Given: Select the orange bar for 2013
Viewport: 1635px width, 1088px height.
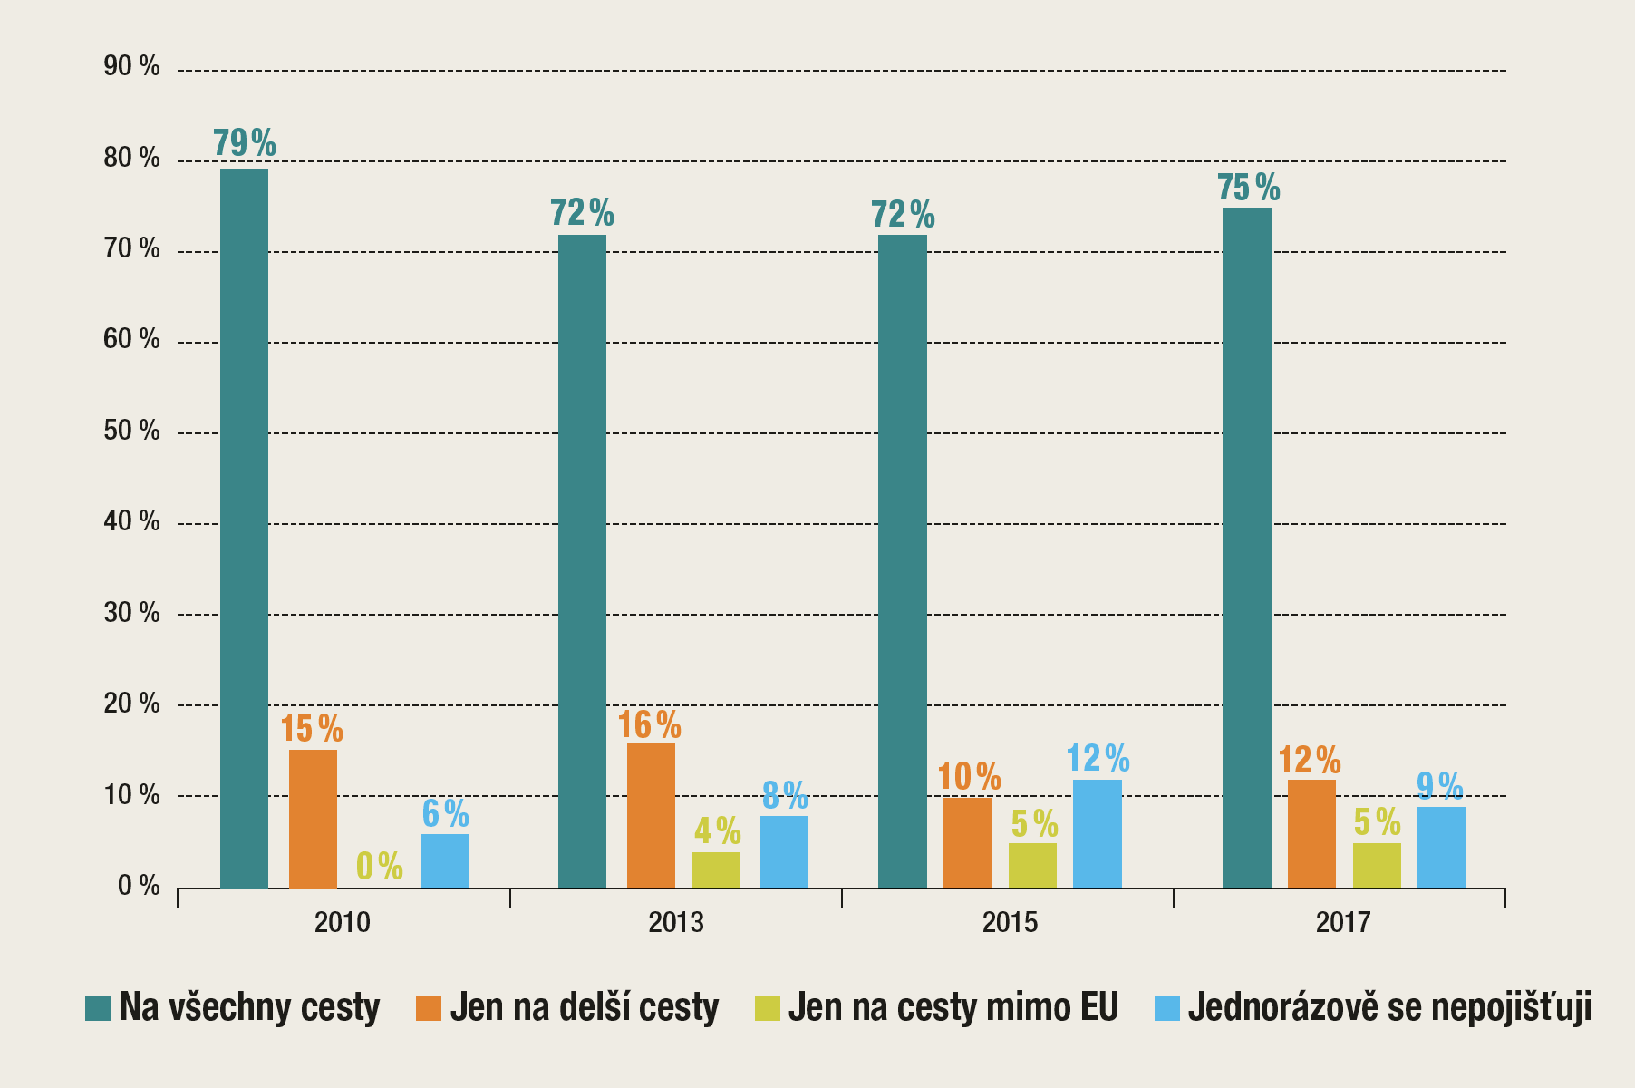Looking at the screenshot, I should pyautogui.click(x=651, y=815).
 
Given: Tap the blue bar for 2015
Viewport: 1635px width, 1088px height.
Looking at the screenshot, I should pyautogui.click(x=1097, y=834).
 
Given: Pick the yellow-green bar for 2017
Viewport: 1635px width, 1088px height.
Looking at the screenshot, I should pyautogui.click(x=1377, y=865).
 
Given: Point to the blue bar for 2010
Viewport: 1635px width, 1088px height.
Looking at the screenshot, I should pyautogui.click(x=445, y=861).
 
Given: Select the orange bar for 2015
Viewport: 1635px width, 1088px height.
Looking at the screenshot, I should pyautogui.click(x=967, y=842).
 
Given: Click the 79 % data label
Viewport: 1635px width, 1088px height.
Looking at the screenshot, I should pyautogui.click(x=244, y=144).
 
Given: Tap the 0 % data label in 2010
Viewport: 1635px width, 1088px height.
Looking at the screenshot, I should pyautogui.click(x=379, y=866).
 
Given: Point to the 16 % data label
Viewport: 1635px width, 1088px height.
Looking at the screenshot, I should pyautogui.click(x=650, y=724).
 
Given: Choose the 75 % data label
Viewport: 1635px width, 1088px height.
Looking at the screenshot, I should pyautogui.click(x=1248, y=188).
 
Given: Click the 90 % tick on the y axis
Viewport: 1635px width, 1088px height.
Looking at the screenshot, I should pyautogui.click(x=132, y=66).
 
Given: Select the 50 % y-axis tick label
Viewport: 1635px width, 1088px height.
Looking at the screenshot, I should pyautogui.click(x=132, y=431).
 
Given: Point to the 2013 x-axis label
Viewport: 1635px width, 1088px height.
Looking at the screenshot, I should pyautogui.click(x=676, y=922).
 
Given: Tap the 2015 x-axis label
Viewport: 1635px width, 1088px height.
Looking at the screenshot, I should pyautogui.click(x=1010, y=922).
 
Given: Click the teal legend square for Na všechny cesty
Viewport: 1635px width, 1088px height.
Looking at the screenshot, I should pyautogui.click(x=97, y=1008).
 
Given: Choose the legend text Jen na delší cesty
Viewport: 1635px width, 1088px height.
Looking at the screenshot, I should pyautogui.click(x=584, y=1008).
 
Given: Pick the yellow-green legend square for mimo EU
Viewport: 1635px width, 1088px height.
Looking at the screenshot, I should pyautogui.click(x=767, y=1008).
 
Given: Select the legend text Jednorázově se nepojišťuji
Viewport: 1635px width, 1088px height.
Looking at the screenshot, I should pyautogui.click(x=1389, y=1008).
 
